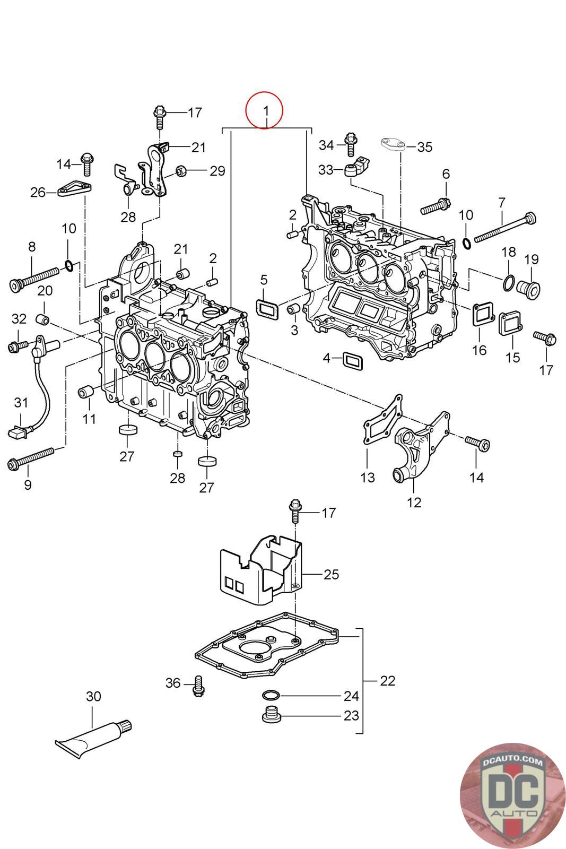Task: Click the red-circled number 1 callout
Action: (265, 111)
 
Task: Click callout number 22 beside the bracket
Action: (388, 680)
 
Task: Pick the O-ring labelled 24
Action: (271, 696)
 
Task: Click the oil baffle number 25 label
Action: (331, 574)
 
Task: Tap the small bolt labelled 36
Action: (199, 685)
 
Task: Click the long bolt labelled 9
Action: (32, 458)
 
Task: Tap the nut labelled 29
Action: (180, 171)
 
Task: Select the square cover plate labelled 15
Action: (510, 324)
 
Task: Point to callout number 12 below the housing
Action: (414, 502)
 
